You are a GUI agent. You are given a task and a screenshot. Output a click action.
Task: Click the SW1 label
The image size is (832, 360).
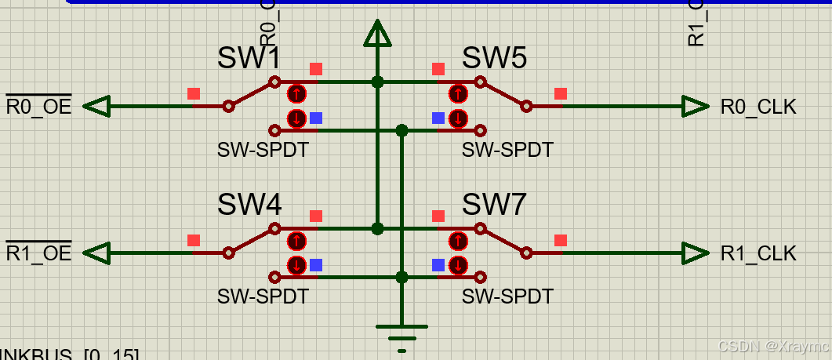[x=249, y=58]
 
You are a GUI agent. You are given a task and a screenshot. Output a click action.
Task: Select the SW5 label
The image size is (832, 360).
[x=494, y=58]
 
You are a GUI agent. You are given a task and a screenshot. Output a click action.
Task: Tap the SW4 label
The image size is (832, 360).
[x=249, y=205]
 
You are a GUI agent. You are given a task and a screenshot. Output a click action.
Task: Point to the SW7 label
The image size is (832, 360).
[x=494, y=205]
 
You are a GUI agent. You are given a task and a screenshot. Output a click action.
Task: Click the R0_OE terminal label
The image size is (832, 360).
[x=38, y=107]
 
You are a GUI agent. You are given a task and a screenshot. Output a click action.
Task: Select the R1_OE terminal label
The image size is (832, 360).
[x=38, y=253]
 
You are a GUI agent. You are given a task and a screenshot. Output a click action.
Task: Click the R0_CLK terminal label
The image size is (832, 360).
[x=758, y=107]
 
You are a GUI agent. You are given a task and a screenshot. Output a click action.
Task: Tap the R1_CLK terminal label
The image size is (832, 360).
[x=758, y=253]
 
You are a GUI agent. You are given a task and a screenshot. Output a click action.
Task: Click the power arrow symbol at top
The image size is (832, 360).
[x=377, y=34]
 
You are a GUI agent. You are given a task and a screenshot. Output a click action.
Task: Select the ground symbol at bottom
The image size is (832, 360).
[x=401, y=333]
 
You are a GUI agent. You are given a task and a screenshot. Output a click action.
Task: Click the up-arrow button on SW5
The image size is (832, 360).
[x=458, y=94]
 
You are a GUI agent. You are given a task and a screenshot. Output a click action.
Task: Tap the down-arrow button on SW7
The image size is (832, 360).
[x=458, y=265]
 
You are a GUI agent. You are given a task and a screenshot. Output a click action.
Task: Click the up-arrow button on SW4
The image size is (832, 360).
[x=296, y=241]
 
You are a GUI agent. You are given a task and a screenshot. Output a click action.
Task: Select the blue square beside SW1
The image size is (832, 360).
[x=315, y=118]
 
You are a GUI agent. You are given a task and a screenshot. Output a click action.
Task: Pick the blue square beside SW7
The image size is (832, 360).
[x=438, y=265]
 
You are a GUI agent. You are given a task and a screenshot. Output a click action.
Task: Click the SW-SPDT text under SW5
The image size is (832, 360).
[x=507, y=149]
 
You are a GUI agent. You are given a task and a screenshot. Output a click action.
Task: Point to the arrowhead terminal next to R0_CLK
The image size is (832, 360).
[x=695, y=107]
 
